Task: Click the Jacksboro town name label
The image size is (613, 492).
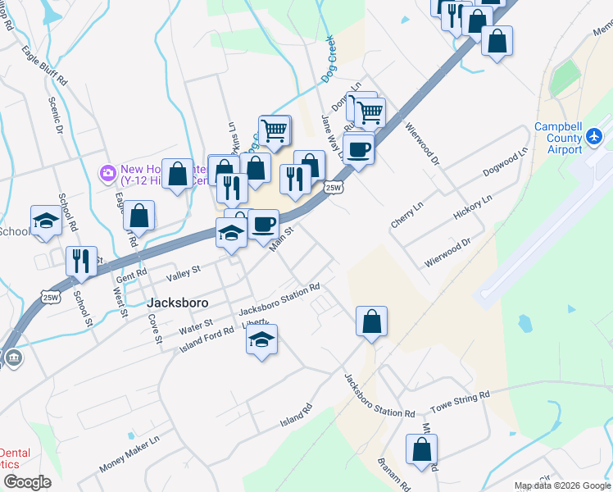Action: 177,302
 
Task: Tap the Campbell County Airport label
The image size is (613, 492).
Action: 558,138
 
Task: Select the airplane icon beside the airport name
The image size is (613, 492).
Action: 595,137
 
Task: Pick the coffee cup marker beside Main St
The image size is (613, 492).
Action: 264,224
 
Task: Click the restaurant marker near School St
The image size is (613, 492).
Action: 81,261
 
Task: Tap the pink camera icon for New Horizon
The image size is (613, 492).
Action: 107,173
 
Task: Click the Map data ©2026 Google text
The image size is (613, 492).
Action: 562,485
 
